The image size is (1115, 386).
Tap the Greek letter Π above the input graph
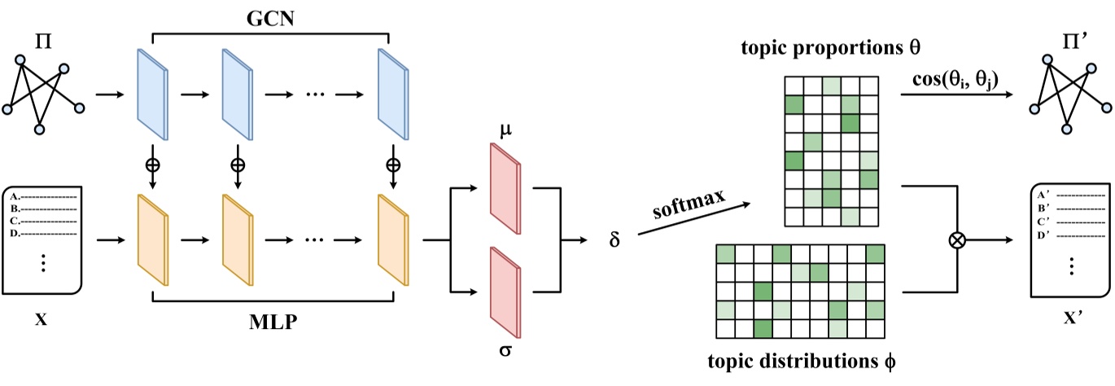coord(44,38)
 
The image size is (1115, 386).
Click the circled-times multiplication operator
coord(959,240)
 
